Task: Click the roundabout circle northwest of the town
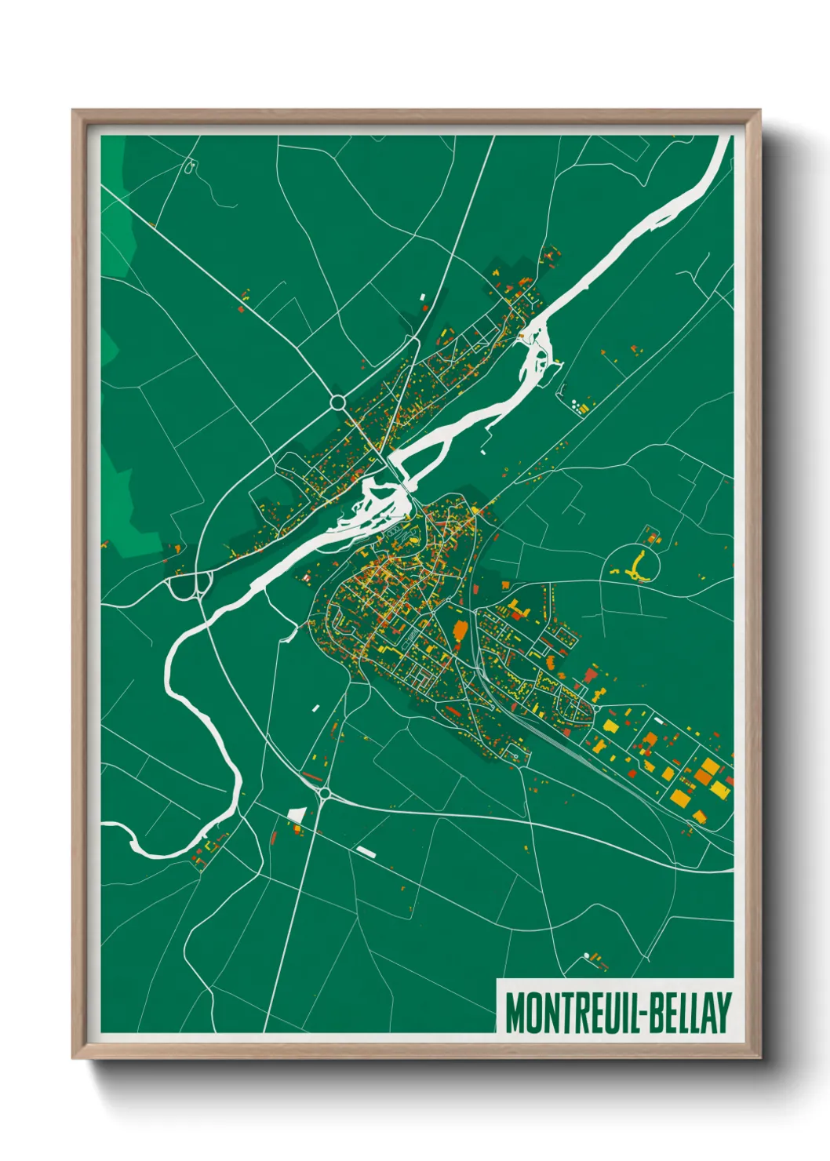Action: [x=338, y=402]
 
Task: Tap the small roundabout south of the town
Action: [x=324, y=794]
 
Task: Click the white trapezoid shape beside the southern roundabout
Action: [x=296, y=815]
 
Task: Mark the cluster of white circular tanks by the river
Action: [x=578, y=405]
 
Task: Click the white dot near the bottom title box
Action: [x=585, y=955]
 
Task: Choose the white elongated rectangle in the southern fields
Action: [x=366, y=850]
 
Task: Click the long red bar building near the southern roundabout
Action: [x=312, y=777]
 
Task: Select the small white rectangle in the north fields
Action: [x=422, y=297]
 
